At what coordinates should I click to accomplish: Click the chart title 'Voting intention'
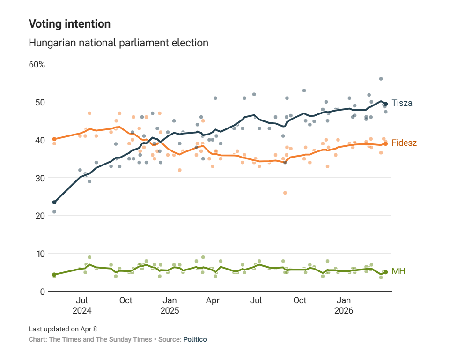(x=70, y=24)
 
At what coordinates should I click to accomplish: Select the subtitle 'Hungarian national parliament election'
(x=118, y=43)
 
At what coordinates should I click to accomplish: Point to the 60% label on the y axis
(x=37, y=64)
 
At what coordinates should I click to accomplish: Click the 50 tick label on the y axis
(x=40, y=102)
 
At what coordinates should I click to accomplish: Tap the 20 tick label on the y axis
(x=40, y=216)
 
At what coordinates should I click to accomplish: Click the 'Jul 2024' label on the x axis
(x=82, y=305)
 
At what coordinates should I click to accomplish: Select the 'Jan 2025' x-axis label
(x=170, y=305)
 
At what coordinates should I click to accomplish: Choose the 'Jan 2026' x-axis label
(x=344, y=305)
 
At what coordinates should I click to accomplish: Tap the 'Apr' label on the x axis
(x=213, y=300)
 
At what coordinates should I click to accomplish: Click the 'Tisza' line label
(x=402, y=103)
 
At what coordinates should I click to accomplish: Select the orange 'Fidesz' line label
(x=404, y=143)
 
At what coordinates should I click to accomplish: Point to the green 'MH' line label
(x=398, y=271)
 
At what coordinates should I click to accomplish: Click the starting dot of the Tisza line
(x=54, y=202)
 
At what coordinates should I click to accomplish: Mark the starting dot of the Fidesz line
(x=54, y=139)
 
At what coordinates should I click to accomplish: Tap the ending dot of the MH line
(x=386, y=272)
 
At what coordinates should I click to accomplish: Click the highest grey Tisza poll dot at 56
(x=381, y=79)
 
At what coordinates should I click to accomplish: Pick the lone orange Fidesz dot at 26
(x=285, y=193)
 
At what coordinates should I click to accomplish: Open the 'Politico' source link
(x=195, y=339)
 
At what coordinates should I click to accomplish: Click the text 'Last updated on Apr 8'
(x=63, y=329)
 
